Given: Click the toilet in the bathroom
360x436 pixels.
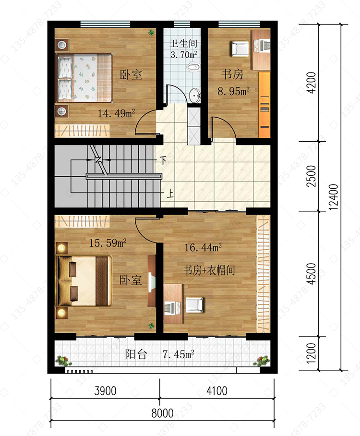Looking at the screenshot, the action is pos(192,66).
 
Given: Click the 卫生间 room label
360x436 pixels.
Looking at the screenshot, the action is pos(183,43).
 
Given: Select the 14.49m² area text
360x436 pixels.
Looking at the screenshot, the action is pos(116,113).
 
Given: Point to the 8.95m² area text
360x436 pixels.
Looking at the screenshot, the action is pos(233,91).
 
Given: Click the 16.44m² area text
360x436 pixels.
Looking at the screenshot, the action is pos(203,247).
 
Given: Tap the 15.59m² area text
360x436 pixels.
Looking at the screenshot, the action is pos(108,243).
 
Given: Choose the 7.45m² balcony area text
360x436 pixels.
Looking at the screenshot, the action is pos(178,354).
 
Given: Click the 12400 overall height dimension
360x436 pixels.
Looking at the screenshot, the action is pos(333,196).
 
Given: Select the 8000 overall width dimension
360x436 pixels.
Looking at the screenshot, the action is pos(162,413).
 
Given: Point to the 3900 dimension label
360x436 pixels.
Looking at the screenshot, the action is pos(105,391).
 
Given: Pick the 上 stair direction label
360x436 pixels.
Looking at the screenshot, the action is pos(170,194).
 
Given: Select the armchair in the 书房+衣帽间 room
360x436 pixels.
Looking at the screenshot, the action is pos(194,305).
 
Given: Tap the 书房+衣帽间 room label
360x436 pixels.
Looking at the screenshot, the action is pos(209,270).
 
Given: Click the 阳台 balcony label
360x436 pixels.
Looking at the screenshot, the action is pos(136,354).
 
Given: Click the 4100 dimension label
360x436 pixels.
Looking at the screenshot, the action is pos(217,391).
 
